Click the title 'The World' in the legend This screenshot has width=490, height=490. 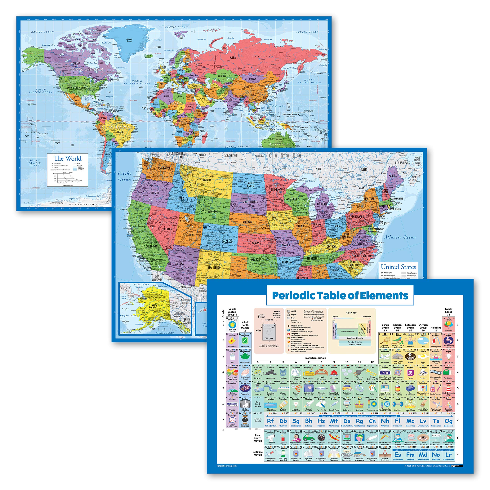pyautogui.click(x=67, y=158)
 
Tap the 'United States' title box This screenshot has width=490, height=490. pyautogui.click(x=399, y=267)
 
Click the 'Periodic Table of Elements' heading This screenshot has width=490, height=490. pyautogui.click(x=340, y=296)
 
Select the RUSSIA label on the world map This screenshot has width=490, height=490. pyautogui.click(x=233, y=58)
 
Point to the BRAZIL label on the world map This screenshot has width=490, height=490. pyautogui.click(x=120, y=132)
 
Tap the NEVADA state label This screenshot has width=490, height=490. pyautogui.click(x=168, y=229)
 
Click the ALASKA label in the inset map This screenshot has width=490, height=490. pyautogui.click(x=153, y=306)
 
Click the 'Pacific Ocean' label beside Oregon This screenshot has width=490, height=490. pyautogui.click(x=125, y=176)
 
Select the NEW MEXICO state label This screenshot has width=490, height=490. pyautogui.click(x=214, y=268)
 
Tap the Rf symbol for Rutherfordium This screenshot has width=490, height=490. pyautogui.click(x=270, y=421)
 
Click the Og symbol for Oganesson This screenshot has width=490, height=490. pyautogui.click(x=448, y=421)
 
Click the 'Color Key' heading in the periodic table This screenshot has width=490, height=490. pyautogui.click(x=351, y=313)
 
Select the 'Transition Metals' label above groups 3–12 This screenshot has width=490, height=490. pyautogui.click(x=315, y=358)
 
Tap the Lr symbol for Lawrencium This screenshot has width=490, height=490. pyautogui.click(x=448, y=455)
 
